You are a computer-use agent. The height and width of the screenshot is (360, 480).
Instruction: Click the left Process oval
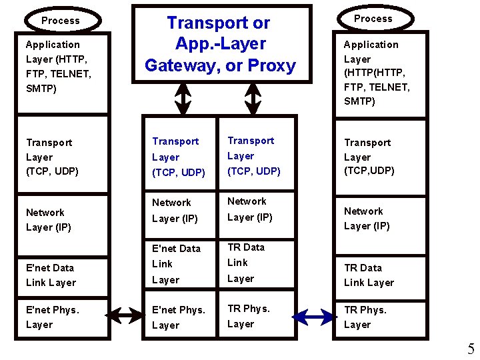pos(61,21)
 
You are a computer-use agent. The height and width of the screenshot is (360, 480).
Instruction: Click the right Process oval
pos(373,19)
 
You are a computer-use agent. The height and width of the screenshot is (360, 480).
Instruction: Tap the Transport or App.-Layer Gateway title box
pos(221,44)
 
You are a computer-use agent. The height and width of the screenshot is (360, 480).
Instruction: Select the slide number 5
pos(471,349)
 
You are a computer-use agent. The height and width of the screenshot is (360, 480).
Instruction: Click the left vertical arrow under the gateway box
pos(183,100)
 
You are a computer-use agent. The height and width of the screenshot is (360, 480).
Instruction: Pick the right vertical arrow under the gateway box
pos(252,100)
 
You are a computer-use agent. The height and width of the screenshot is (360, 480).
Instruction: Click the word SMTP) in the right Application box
pos(359,101)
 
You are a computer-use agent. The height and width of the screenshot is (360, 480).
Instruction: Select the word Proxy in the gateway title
pos(271,66)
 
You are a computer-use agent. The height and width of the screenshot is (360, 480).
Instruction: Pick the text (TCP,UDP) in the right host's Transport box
pos(369,171)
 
